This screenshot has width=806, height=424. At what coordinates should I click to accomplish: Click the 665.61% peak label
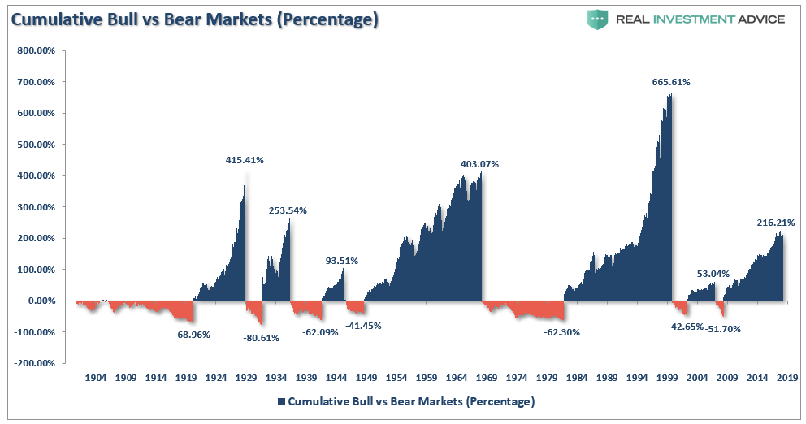click(x=671, y=82)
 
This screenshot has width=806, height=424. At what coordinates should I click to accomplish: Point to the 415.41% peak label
click(x=245, y=160)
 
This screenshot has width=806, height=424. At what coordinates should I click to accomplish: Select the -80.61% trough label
click(x=261, y=338)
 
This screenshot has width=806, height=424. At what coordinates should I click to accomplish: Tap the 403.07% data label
click(x=479, y=164)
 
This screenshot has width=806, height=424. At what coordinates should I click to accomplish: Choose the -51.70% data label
click(x=722, y=329)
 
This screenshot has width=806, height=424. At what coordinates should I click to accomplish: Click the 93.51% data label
click(x=342, y=261)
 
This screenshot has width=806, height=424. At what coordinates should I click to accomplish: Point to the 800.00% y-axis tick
click(x=36, y=50)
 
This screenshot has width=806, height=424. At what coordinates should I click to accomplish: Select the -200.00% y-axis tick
click(x=34, y=363)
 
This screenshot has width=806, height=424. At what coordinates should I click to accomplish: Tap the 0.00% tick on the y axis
click(x=41, y=301)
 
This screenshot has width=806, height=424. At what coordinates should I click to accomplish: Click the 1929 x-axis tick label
click(x=246, y=378)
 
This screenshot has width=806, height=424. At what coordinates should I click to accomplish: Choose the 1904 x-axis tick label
click(x=96, y=378)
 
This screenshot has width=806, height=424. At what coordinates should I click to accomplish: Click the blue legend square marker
click(x=281, y=401)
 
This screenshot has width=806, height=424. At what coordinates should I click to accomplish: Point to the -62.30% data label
click(x=561, y=331)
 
